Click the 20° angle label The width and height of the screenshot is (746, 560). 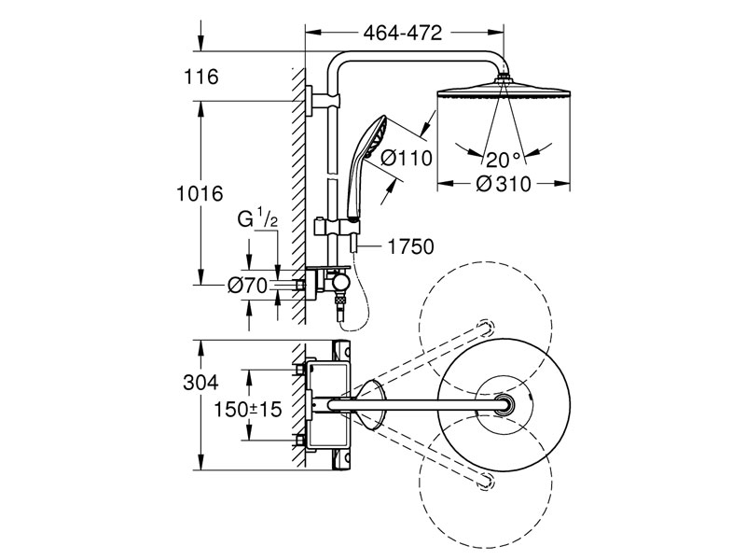tap(504, 157)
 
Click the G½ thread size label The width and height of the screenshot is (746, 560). tap(257, 220)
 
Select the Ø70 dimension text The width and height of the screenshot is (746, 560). tap(248, 284)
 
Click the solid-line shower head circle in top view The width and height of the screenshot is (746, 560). tap(504, 403)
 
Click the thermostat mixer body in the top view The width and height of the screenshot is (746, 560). tap(334, 404)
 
